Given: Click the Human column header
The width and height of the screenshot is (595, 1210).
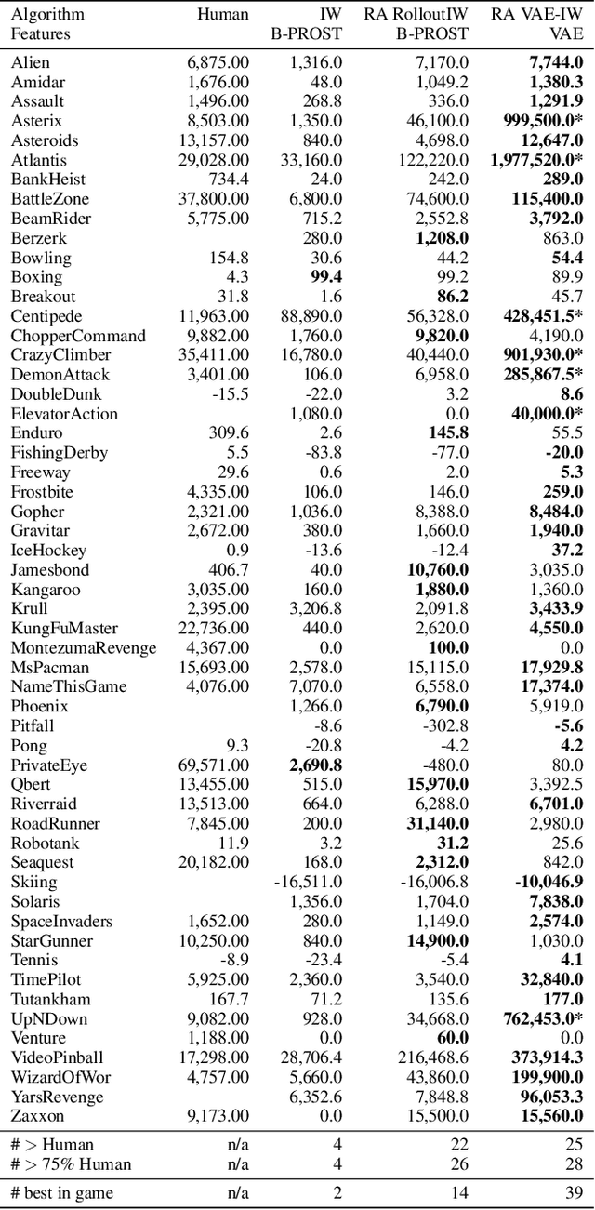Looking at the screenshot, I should pos(223,14).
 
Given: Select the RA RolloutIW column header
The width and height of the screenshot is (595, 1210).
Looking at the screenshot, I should pos(416,14).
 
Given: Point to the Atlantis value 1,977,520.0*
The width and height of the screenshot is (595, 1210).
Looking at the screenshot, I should pos(536,160).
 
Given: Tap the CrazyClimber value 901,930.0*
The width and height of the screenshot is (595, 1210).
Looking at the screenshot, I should pos(543,355).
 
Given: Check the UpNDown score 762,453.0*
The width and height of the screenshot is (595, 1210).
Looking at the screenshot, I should pos(543,1018).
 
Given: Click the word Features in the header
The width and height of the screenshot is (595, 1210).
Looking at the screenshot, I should pos(41,33).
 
